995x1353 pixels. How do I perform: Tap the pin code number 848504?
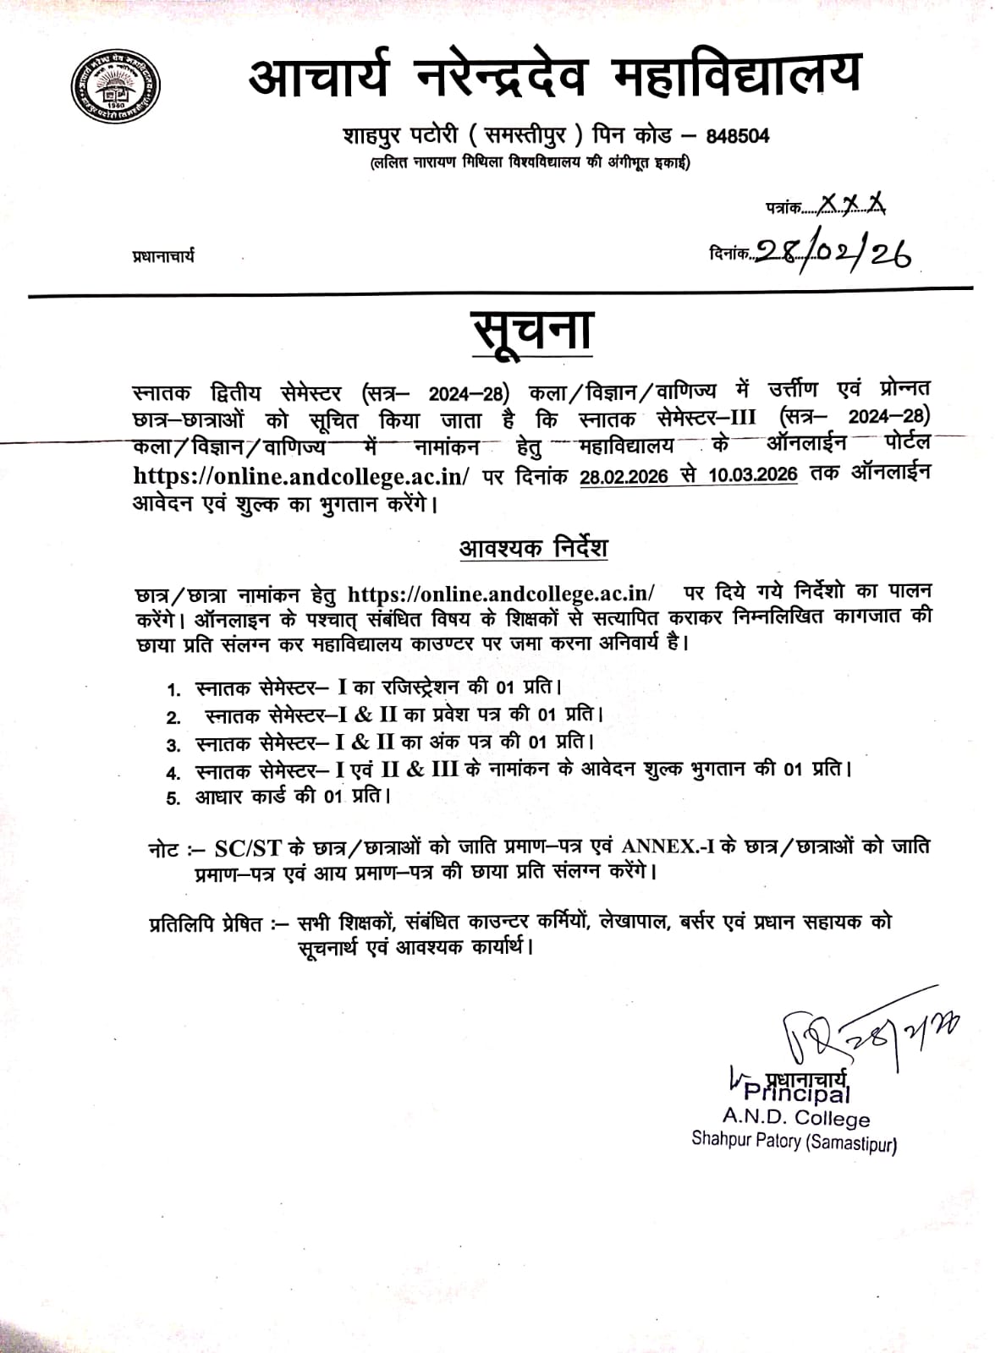737,136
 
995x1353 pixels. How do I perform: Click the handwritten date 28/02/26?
833,250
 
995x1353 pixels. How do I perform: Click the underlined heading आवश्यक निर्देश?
533,548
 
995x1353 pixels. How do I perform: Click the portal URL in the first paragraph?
301,476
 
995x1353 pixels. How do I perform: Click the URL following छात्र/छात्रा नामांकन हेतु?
502,593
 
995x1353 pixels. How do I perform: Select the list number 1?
174,690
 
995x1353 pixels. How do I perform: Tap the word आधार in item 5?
220,797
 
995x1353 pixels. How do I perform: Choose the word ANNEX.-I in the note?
668,846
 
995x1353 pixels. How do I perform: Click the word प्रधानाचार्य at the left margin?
163,255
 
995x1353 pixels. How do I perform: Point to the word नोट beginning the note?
163,849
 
